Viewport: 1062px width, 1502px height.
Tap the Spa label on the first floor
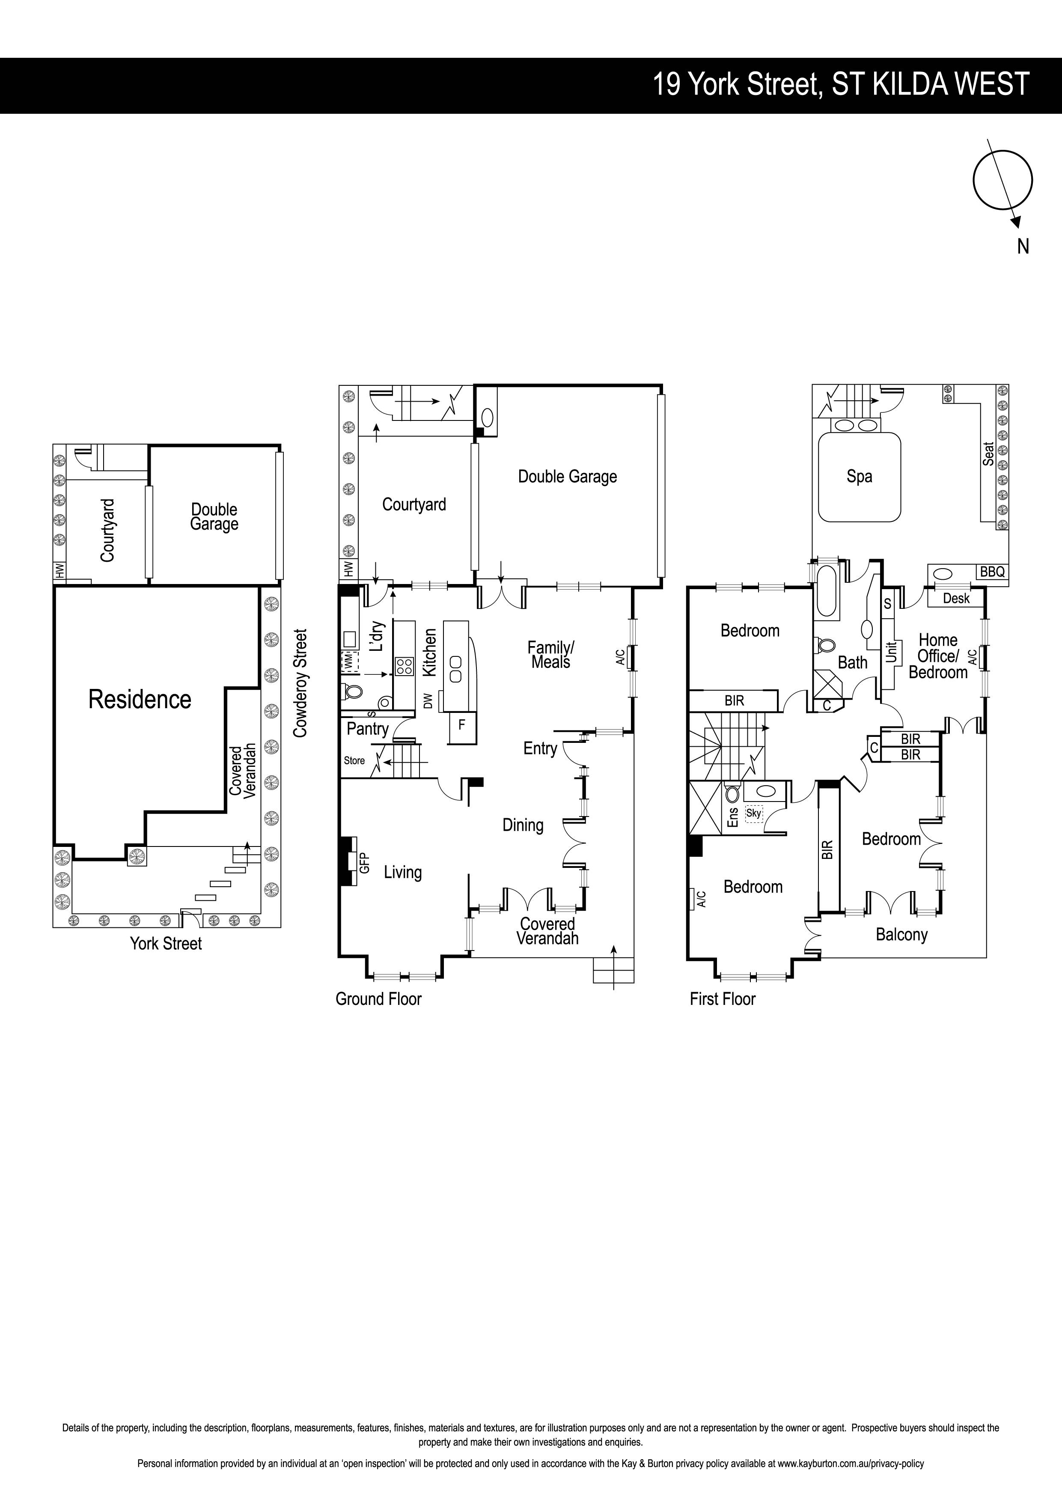point(859,476)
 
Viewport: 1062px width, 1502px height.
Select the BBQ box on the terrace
point(992,572)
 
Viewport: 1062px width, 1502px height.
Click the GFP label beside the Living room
point(365,862)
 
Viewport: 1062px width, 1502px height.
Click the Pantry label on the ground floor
point(368,729)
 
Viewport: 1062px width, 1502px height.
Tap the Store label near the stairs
point(354,760)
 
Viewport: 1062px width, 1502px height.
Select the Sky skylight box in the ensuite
point(754,813)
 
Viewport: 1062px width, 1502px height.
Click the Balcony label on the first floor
point(902,935)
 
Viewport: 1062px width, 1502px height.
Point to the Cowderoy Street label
point(300,684)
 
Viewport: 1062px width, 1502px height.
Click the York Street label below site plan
point(166,943)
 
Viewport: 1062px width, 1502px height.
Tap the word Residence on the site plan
point(140,699)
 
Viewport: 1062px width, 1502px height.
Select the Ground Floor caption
point(379,999)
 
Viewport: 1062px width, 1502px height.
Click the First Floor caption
point(723,999)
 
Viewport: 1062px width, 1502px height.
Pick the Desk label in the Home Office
point(956,598)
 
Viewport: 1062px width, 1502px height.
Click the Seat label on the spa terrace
point(988,454)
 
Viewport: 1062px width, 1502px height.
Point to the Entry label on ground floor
point(540,748)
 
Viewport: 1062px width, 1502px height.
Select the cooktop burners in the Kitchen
point(404,666)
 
